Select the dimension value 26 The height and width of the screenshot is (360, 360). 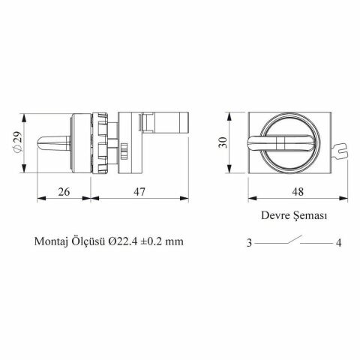64,193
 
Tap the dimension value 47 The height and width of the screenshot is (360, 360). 140,193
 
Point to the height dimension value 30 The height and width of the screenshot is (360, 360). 222,142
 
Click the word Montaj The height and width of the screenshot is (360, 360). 51,242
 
